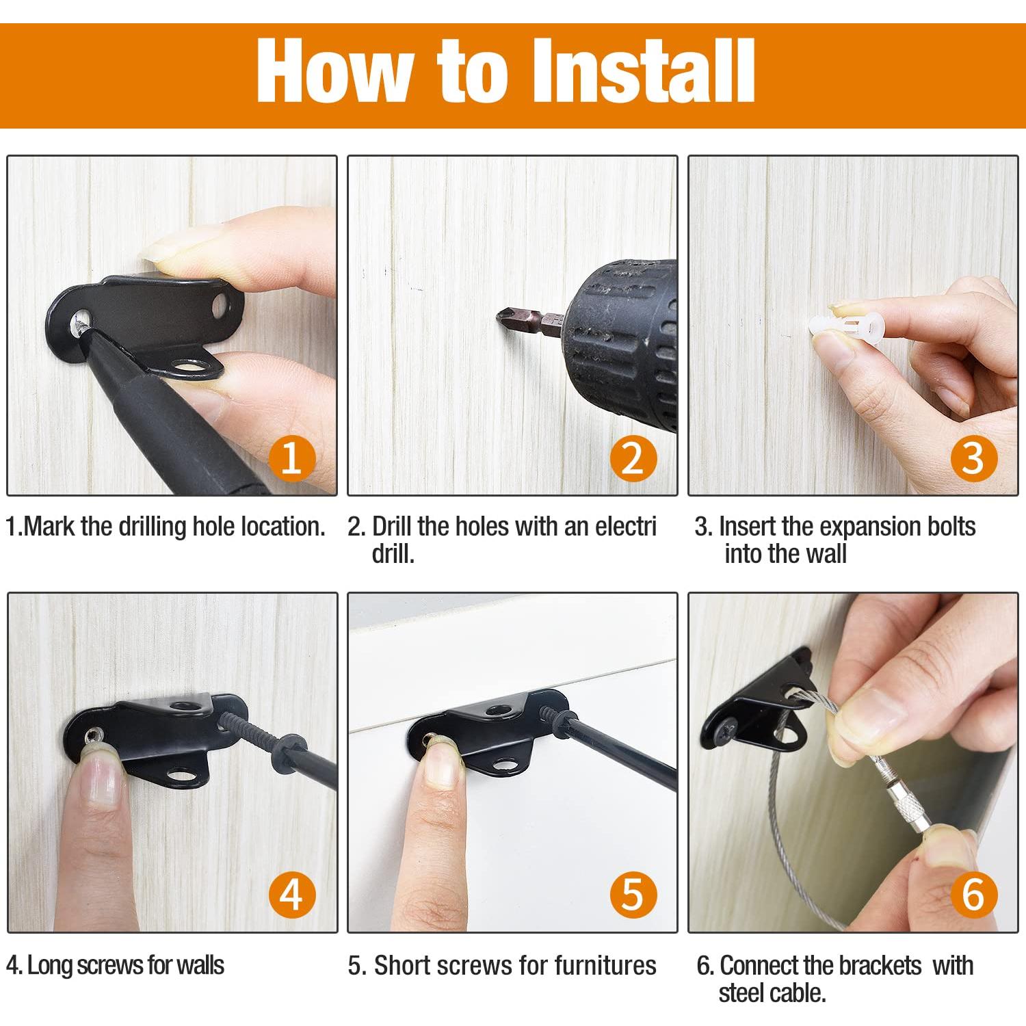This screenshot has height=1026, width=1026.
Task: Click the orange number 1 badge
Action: pos(291,458)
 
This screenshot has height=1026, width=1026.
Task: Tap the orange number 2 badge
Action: pos(633,458)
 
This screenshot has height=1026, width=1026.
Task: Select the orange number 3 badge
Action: pos(973,458)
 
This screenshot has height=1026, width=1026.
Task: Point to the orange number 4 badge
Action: pos(291,895)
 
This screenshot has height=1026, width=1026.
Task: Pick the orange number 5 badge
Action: pos(633,895)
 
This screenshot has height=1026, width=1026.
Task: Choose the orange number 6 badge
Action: pos(973,895)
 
